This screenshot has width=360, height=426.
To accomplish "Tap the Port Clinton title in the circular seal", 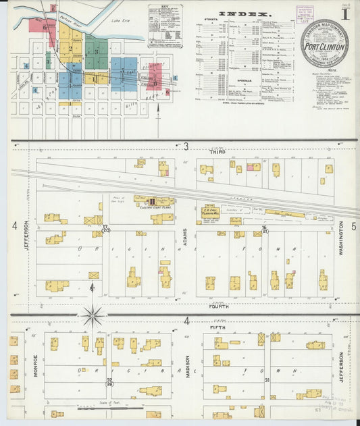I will click(324, 47).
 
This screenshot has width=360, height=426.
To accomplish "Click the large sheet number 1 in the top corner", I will click(344, 13).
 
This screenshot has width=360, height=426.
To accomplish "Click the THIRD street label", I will click(217, 153).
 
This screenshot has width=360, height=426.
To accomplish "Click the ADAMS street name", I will click(184, 237).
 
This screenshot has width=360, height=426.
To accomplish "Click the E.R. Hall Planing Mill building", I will click(213, 211).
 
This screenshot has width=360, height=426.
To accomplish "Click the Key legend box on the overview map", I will click(165, 26).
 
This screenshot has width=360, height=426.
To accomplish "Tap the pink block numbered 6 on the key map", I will click(45, 28).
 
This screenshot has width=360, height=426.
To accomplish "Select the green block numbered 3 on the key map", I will click(97, 51).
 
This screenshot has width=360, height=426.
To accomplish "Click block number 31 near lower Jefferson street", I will click(267, 380).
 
